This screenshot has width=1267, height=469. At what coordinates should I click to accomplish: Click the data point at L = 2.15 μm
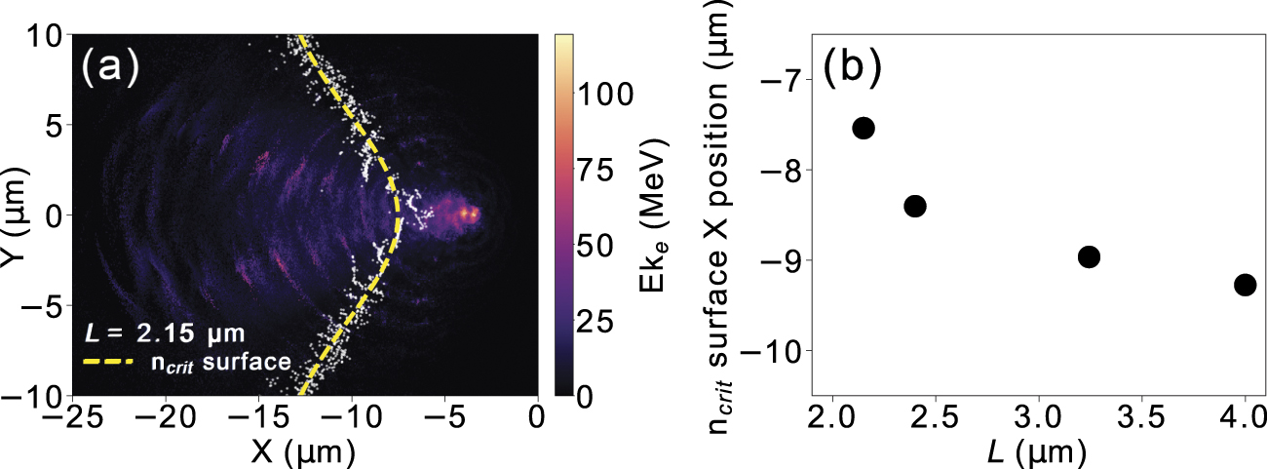864,128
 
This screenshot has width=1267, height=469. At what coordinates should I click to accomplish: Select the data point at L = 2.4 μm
915,206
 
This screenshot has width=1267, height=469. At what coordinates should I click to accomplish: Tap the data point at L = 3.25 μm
1090,256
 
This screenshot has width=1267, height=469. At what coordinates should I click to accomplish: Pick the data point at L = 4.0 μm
1245,285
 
